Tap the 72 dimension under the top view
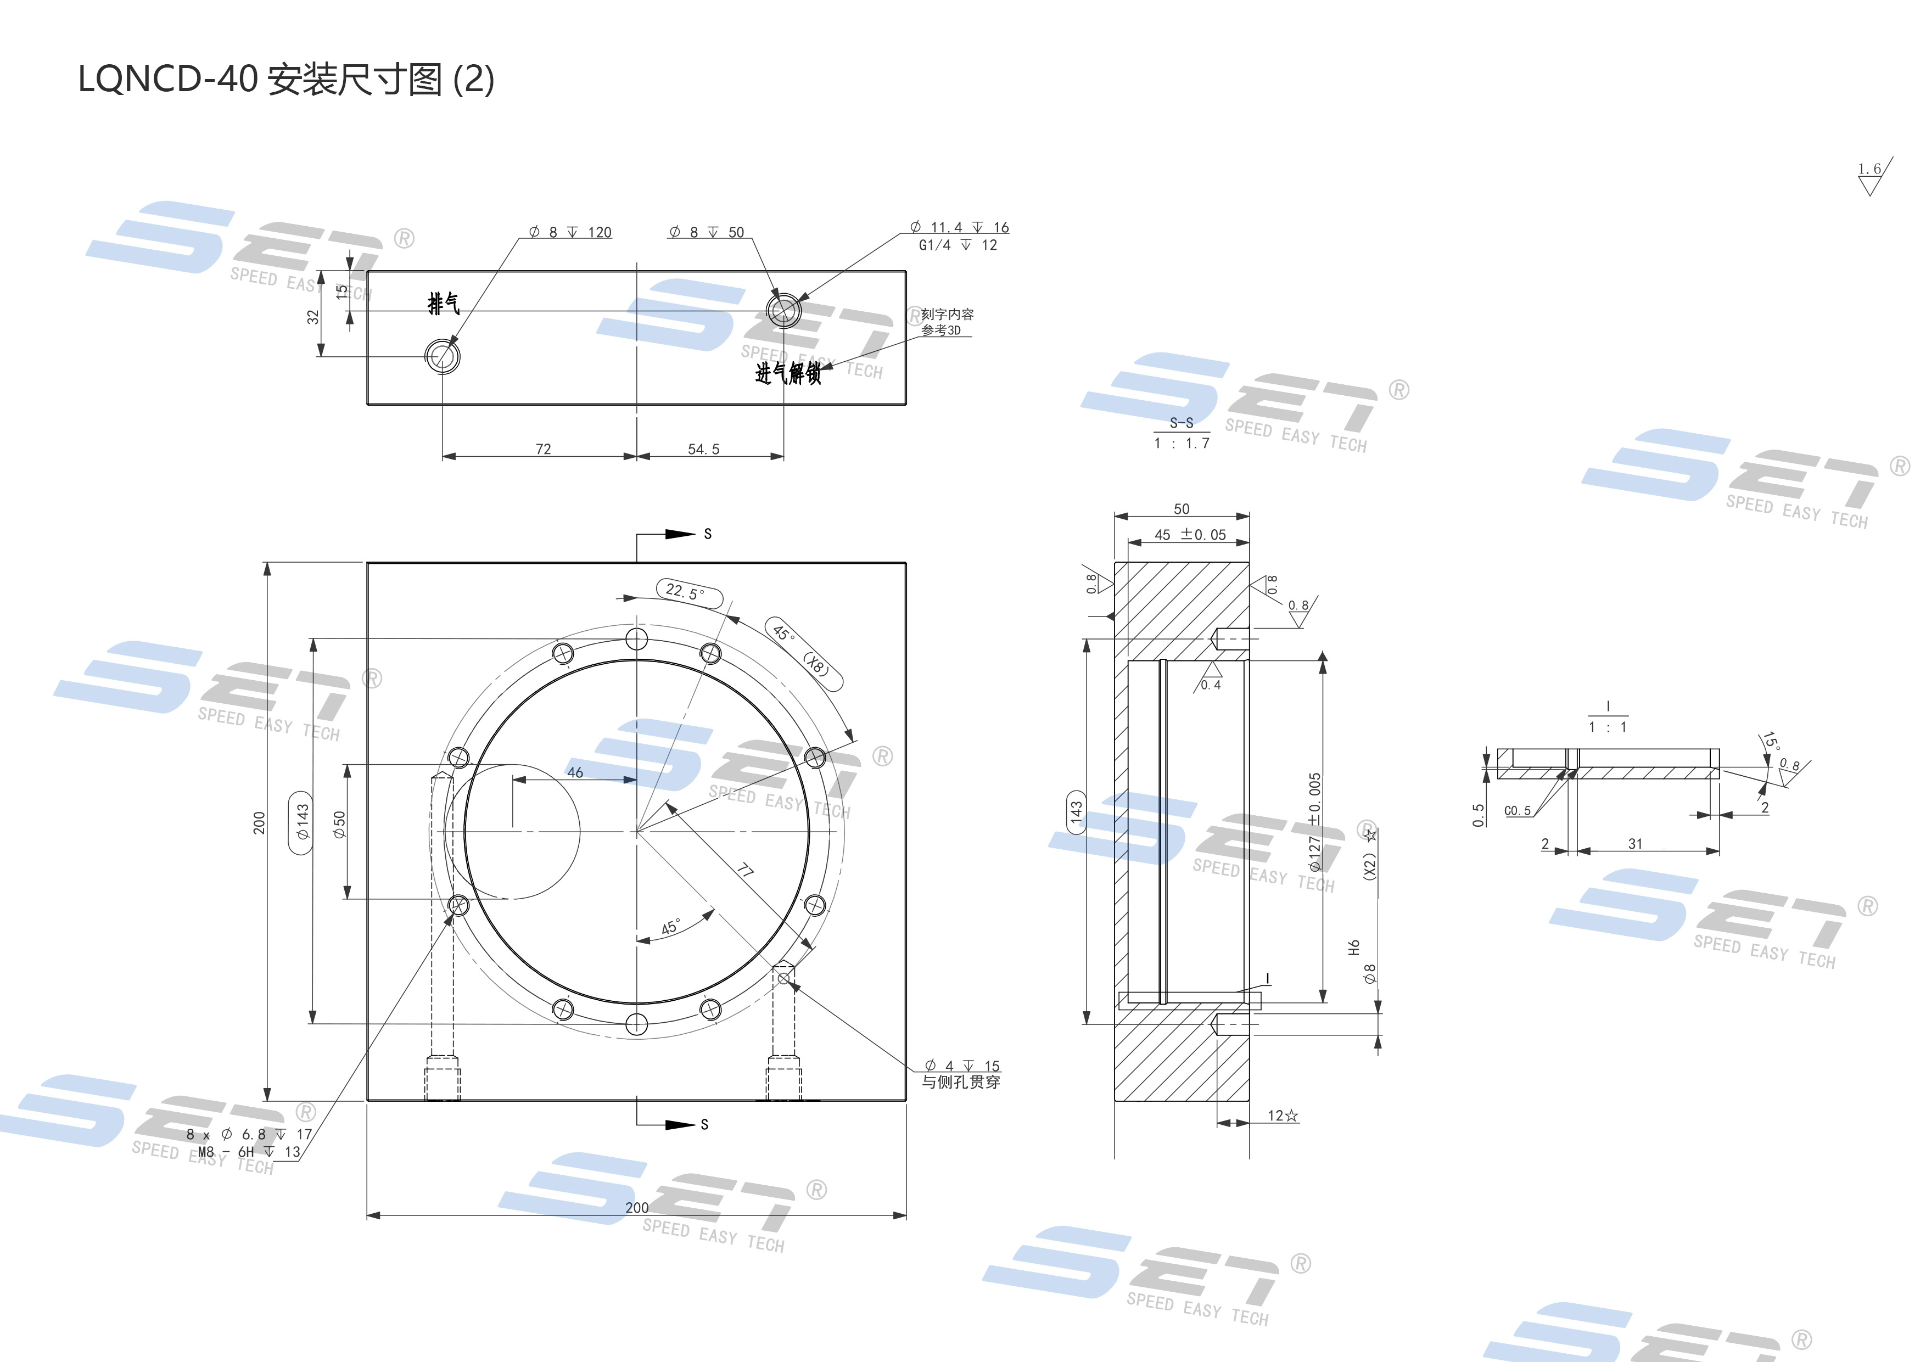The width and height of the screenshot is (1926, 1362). click(x=543, y=450)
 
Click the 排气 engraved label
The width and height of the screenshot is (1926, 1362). click(x=444, y=304)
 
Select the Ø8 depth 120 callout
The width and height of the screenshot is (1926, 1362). click(x=570, y=232)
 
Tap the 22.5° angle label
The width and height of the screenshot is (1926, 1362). click(x=685, y=592)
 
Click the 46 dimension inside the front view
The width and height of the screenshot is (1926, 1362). click(x=575, y=772)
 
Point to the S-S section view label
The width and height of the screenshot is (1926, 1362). click(x=1181, y=423)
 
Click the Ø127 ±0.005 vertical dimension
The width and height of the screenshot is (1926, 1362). click(x=1314, y=822)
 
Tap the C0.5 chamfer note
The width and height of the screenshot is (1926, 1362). click(x=1516, y=811)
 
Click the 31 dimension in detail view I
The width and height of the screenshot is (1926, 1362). click(x=1635, y=844)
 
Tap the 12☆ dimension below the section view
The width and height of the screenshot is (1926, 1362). click(x=1283, y=1116)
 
